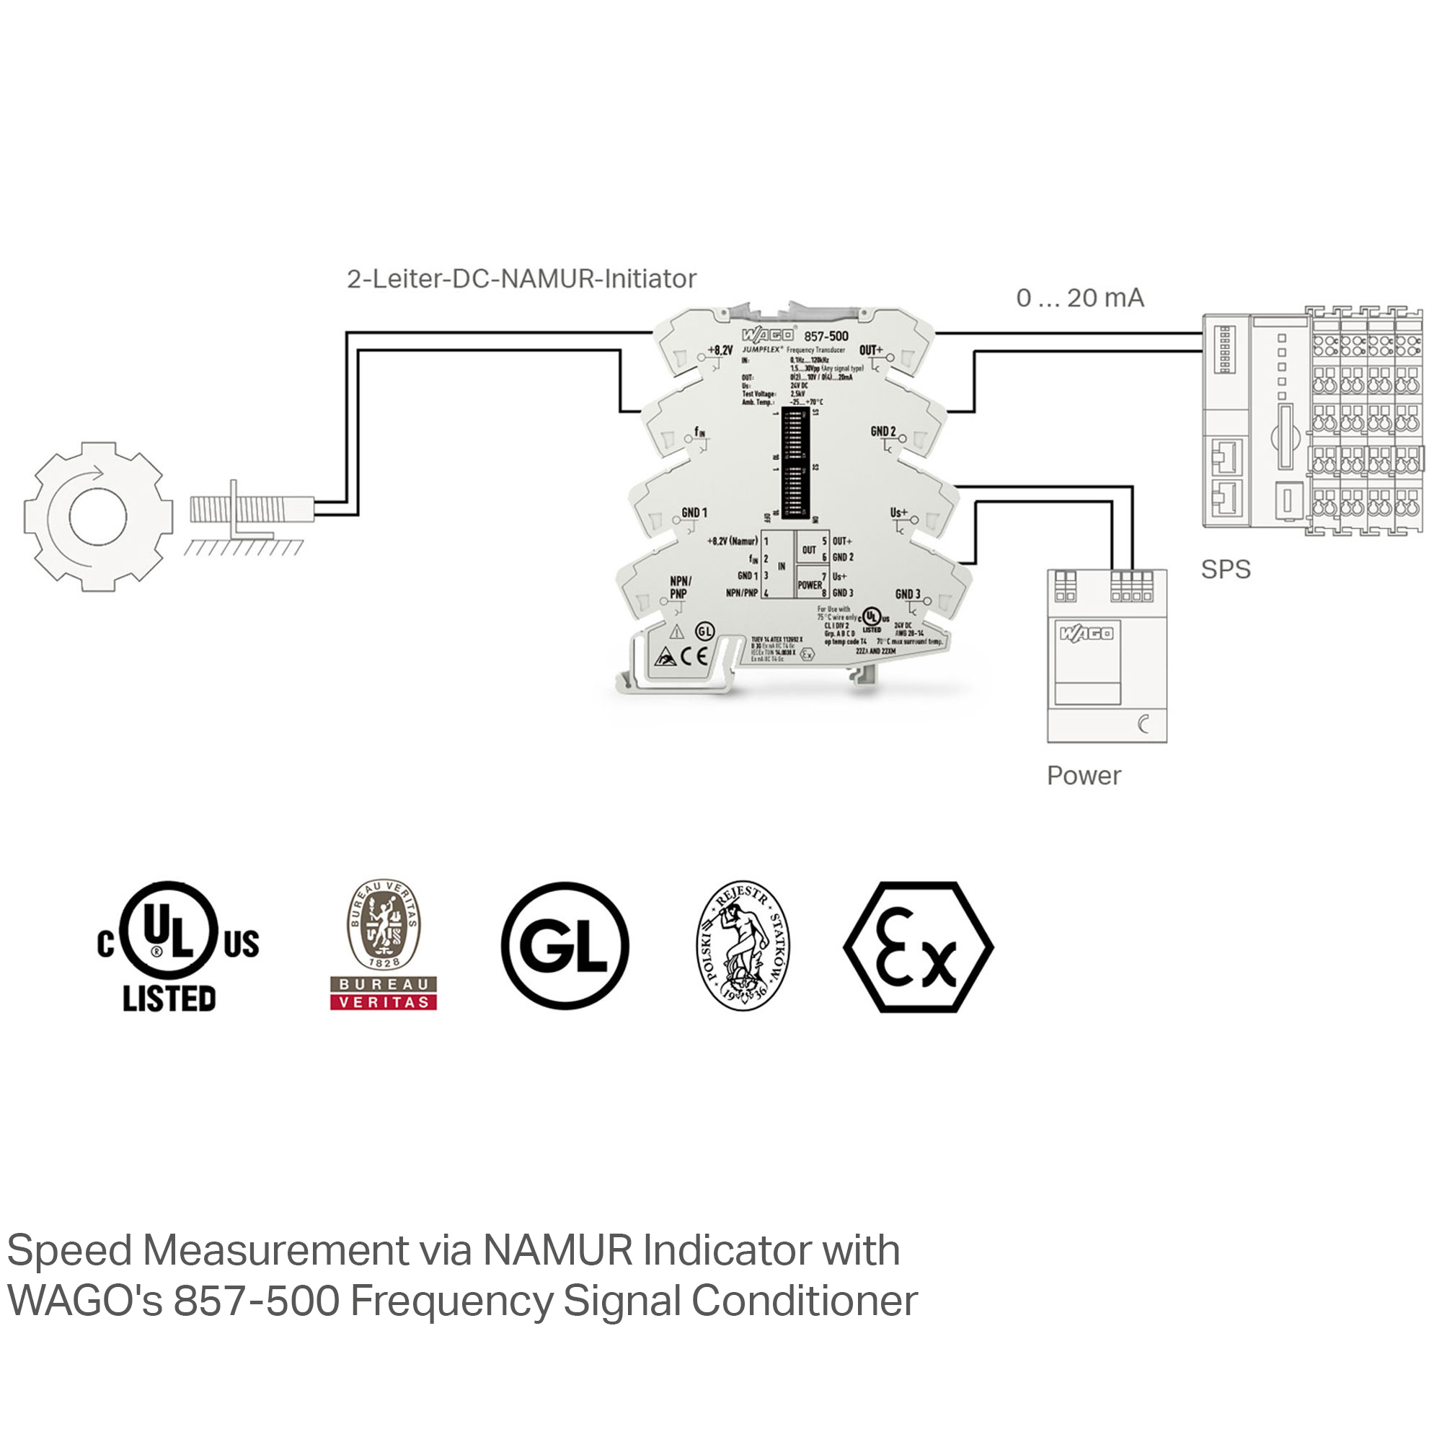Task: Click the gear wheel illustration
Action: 98,516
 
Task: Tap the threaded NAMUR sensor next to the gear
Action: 250,510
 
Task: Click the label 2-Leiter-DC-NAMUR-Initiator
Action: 521,279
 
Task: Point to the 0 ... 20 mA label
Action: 1079,298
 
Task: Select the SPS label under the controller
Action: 1225,570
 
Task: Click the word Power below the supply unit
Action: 1084,776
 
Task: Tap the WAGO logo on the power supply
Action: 1086,634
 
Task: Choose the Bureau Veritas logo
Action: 383,945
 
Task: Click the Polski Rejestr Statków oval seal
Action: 743,945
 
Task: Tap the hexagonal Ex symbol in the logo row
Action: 918,947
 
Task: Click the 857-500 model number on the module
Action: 826,337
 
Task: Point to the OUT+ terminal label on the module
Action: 870,350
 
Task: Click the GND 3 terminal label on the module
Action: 908,594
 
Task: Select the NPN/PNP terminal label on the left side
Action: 680,588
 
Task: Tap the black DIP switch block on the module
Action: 796,463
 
